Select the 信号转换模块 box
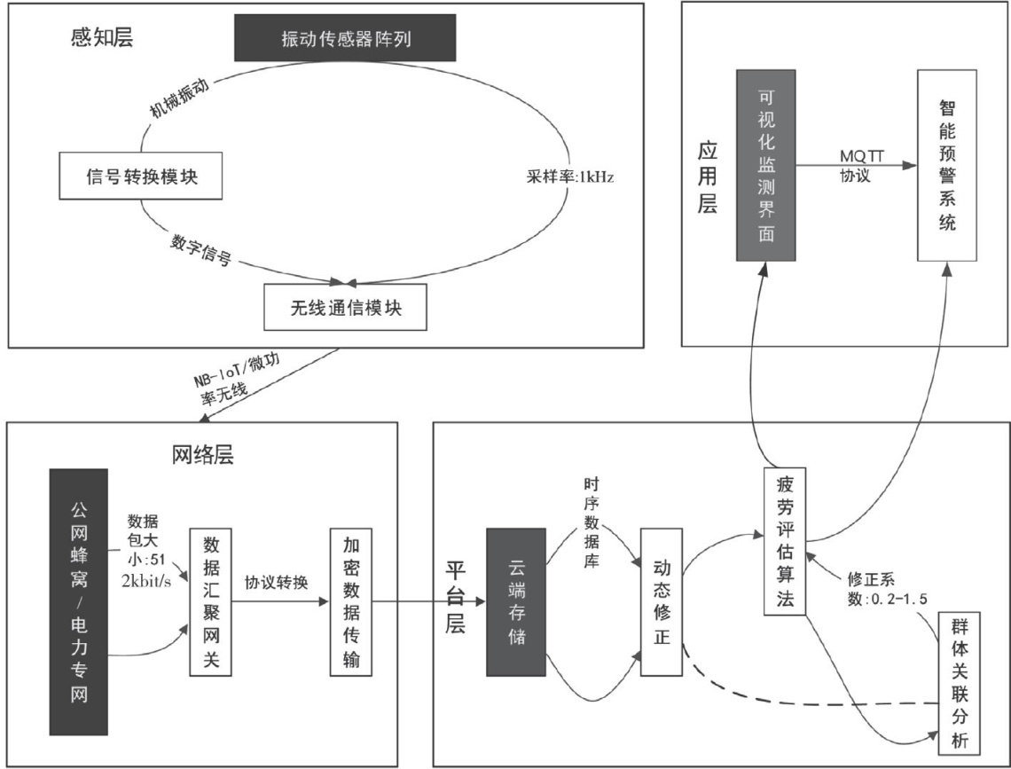coord(141,176)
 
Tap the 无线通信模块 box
coord(345,306)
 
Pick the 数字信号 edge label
coord(201,250)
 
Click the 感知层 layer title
coord(98,38)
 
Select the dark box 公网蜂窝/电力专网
coord(79,602)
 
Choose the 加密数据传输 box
coord(349,603)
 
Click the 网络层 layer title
coord(201,454)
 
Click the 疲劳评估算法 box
coord(784,542)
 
